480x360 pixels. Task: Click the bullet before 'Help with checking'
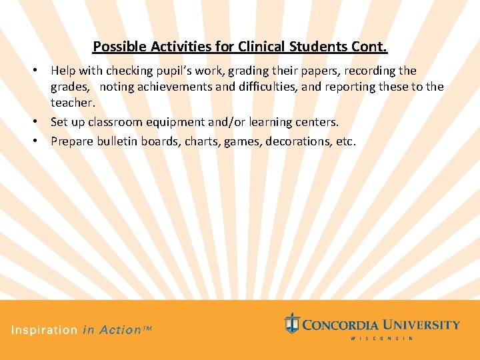tap(40, 71)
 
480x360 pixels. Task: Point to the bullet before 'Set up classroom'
tap(40, 123)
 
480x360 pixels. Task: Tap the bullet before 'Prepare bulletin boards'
tap(40, 141)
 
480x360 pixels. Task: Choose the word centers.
tap(316, 123)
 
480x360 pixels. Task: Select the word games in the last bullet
tap(243, 141)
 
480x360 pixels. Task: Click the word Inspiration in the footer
tap(45, 329)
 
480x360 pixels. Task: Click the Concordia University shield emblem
tap(291, 323)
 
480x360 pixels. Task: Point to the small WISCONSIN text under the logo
tap(381, 338)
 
